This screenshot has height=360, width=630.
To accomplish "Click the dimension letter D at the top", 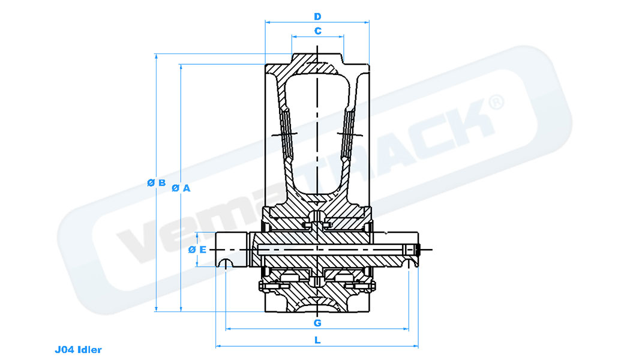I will [x=317, y=16].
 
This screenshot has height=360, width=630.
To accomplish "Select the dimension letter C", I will [x=317, y=30].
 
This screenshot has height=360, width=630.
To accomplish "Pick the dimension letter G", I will [x=317, y=323].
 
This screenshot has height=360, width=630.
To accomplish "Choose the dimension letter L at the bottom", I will [x=317, y=341].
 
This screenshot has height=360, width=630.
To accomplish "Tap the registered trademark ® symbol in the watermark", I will [x=496, y=102].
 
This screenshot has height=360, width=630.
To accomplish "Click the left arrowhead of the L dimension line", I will [x=217, y=346].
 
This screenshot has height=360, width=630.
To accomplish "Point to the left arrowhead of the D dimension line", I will [x=267, y=22].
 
